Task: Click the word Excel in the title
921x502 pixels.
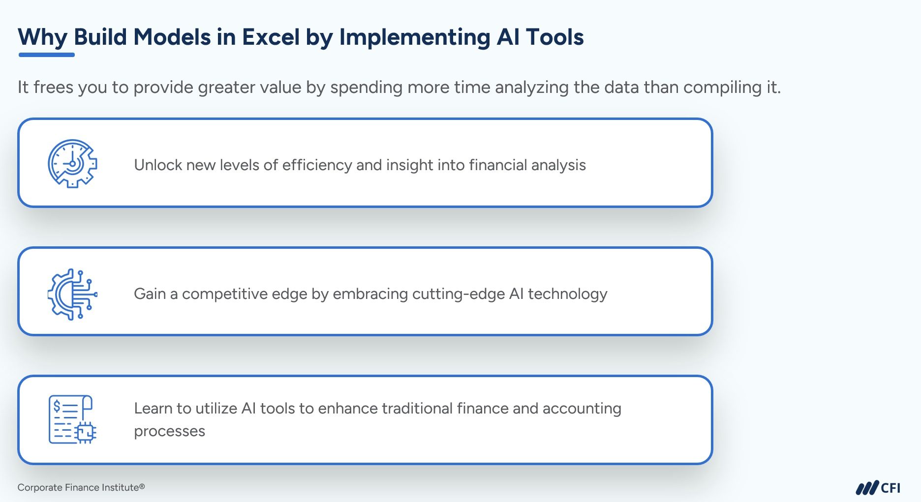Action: (x=270, y=37)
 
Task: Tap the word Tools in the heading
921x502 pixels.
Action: (x=555, y=37)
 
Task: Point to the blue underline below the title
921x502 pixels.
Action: (x=47, y=55)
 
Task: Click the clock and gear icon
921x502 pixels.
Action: (x=73, y=163)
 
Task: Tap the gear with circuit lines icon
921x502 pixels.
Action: (x=73, y=294)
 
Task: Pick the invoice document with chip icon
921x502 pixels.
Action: (x=73, y=419)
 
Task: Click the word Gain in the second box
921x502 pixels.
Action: (x=150, y=294)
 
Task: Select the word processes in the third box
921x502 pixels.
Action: (x=169, y=432)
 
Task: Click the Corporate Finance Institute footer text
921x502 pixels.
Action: (x=81, y=487)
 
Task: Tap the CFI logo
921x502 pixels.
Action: (x=878, y=488)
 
